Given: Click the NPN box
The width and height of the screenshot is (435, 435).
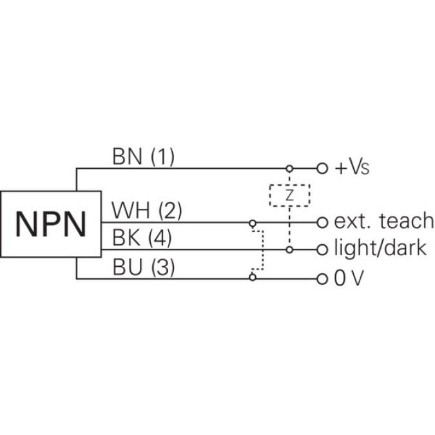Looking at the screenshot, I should [x=51, y=223].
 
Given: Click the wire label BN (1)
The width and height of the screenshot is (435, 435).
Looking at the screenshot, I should [x=143, y=157].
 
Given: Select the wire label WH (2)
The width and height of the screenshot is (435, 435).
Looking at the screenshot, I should [x=147, y=211].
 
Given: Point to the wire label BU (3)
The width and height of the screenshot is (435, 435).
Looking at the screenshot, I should [x=143, y=267].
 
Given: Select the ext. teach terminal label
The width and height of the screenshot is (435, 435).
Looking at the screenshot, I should [x=383, y=222].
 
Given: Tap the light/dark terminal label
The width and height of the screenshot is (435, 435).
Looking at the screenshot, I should [x=380, y=249].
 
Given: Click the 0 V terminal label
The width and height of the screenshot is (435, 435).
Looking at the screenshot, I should [x=350, y=278].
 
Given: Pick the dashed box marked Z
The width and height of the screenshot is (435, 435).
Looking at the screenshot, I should [x=289, y=195].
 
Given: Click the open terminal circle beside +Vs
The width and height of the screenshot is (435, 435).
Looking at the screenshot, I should [x=323, y=168].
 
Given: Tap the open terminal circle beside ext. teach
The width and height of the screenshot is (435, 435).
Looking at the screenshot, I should [x=323, y=222].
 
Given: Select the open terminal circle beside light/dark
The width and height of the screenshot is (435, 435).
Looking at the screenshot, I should [x=323, y=249].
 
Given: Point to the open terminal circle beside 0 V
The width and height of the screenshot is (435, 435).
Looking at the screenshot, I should [x=323, y=278].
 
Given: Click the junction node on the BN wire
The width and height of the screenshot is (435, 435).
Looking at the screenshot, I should [x=289, y=168].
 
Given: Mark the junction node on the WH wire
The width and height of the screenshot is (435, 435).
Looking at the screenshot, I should [x=253, y=223].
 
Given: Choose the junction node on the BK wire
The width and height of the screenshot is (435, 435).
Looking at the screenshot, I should [x=289, y=249].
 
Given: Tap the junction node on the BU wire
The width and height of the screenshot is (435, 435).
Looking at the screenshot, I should [x=253, y=278].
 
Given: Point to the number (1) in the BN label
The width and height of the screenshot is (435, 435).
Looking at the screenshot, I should [x=162, y=157].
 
